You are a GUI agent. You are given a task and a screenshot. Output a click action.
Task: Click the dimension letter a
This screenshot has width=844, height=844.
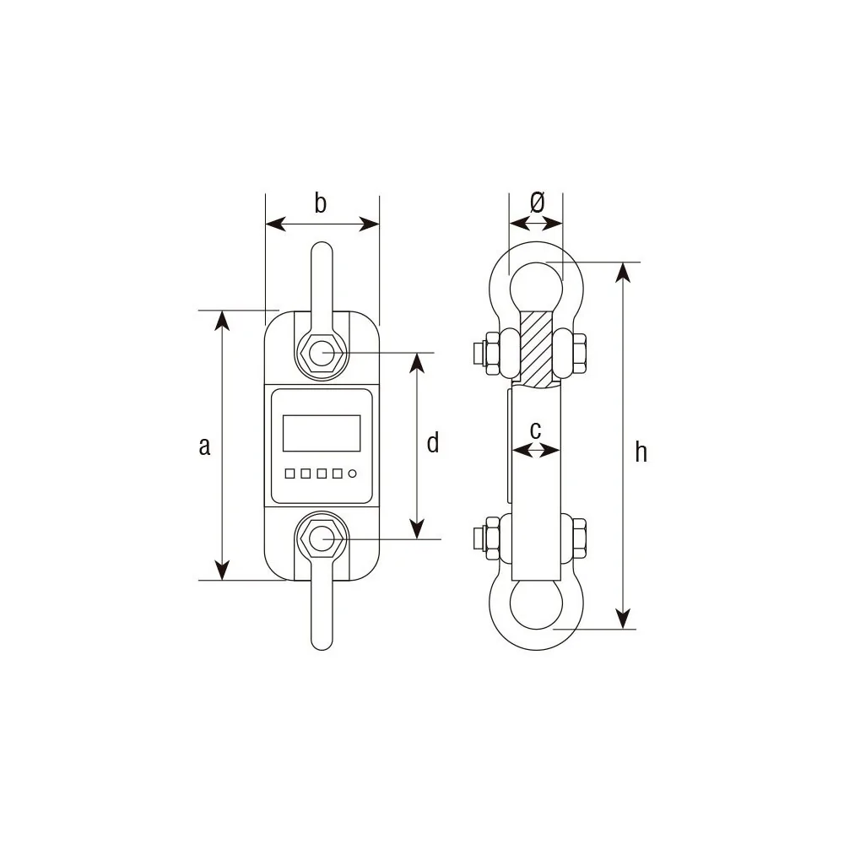point(204,446)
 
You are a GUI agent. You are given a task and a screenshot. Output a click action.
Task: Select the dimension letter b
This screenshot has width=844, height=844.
point(320,203)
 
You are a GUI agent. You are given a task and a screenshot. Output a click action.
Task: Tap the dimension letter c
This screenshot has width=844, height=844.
point(535,430)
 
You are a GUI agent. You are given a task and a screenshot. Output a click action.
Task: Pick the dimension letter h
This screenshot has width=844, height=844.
point(641,452)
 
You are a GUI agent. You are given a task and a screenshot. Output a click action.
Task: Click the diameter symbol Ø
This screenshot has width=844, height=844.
point(537,203)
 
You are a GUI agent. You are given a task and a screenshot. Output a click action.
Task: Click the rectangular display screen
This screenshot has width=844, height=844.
point(322,433)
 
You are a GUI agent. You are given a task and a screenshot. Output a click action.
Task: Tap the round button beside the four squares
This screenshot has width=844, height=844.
point(353,473)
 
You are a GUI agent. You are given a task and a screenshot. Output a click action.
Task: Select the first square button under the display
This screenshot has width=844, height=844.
point(289,473)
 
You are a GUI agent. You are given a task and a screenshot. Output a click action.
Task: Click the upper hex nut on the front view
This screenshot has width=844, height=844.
point(322,353)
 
